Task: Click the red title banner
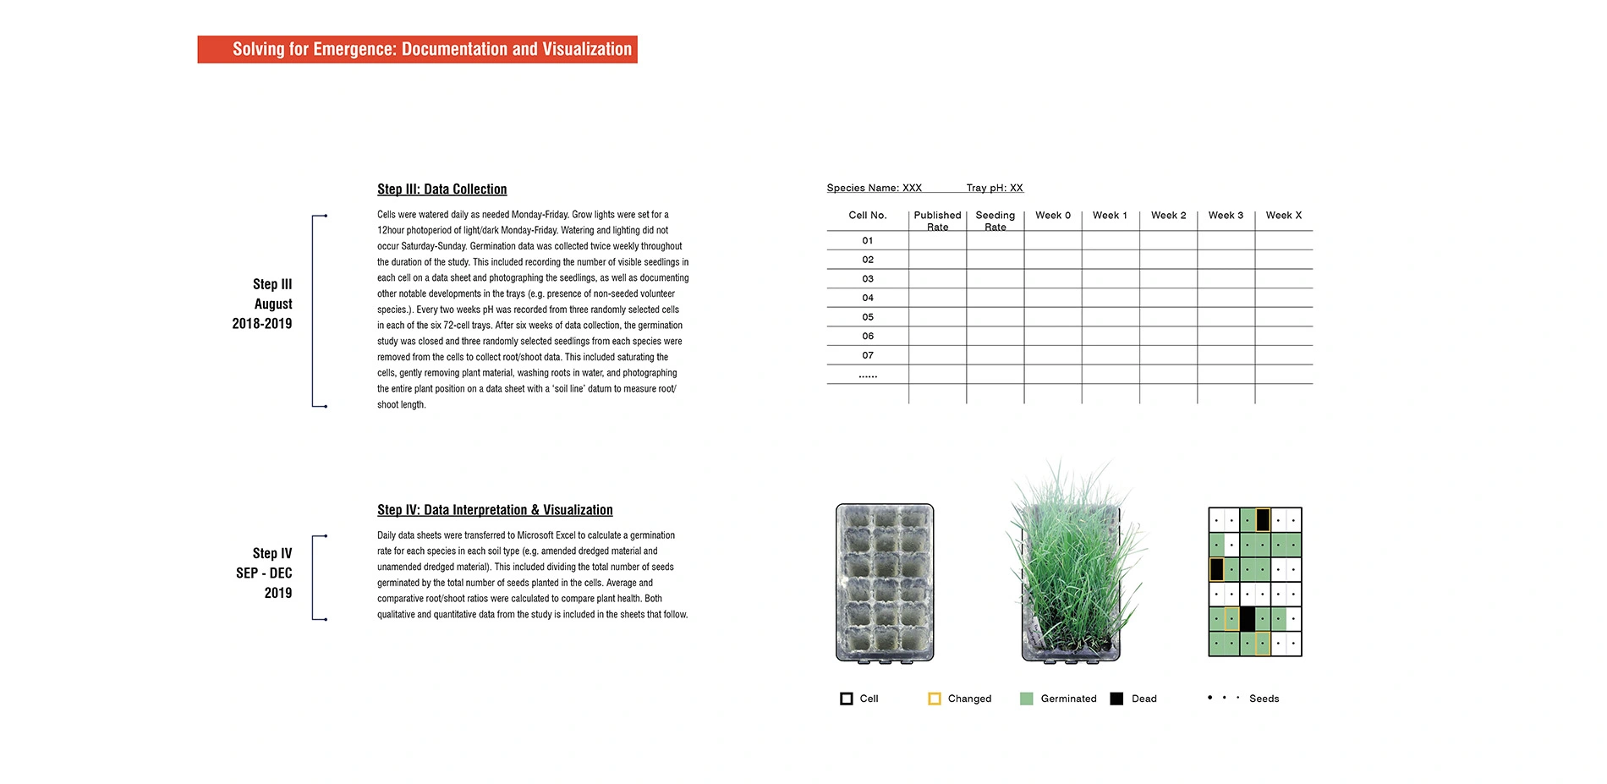point(417,49)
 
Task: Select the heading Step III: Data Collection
point(442,189)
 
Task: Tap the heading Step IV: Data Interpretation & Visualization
point(495,510)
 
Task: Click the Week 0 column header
point(1053,216)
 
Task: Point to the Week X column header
point(1283,216)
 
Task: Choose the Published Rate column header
point(937,221)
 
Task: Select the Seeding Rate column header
point(995,221)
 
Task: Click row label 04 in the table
point(868,298)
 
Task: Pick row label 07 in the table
point(868,355)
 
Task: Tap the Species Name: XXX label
point(874,188)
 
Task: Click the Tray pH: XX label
point(995,188)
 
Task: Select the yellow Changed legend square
point(934,699)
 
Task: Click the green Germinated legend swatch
point(1026,699)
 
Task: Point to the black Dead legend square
point(1116,699)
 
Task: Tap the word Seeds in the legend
point(1264,699)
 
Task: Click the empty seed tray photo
point(885,583)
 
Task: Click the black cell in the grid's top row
point(1263,519)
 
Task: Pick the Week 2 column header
point(1168,216)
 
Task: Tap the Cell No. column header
point(868,216)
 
